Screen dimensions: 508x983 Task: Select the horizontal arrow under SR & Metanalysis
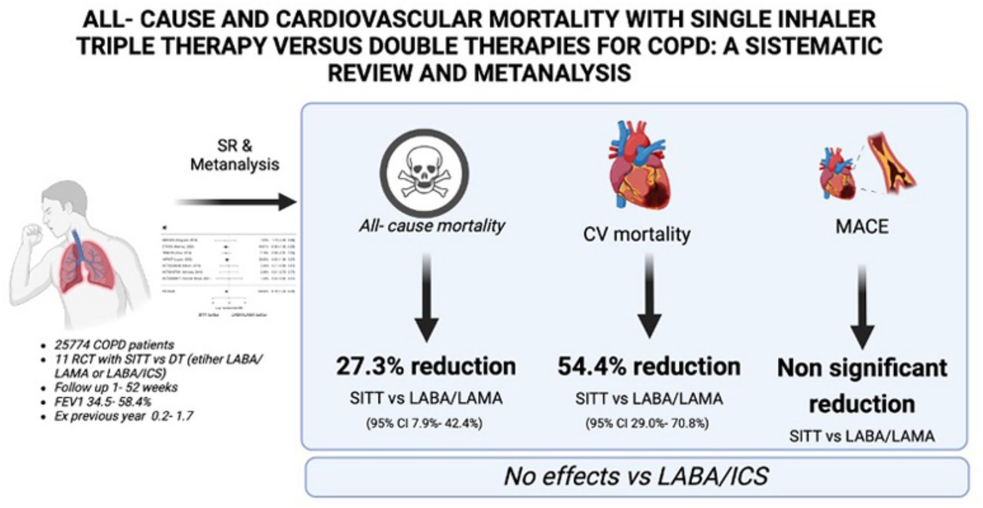[235, 202]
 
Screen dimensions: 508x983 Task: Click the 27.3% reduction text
[426, 366]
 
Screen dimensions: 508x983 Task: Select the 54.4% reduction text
[649, 366]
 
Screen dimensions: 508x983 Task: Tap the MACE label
[862, 226]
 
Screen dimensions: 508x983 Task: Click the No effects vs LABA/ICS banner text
[636, 476]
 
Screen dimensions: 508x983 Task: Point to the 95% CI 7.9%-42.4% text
[424, 423]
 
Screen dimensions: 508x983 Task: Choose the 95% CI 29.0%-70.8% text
[647, 423]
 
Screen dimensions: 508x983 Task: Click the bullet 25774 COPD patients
[114, 345]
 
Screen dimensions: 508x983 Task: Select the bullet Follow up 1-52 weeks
[116, 388]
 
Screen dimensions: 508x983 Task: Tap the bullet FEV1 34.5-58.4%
[103, 401]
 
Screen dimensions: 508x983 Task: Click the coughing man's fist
[31, 233]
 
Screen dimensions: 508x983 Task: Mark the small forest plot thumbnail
[229, 269]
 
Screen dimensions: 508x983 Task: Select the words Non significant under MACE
[862, 368]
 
